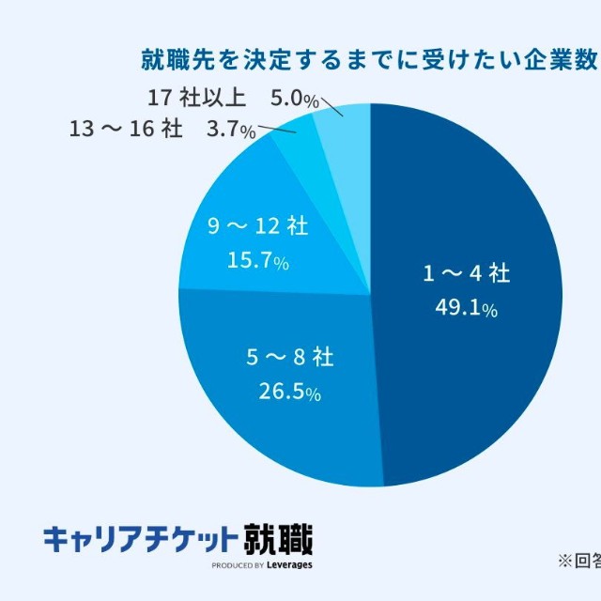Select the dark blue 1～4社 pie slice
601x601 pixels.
tap(470, 207)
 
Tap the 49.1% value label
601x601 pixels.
tap(466, 307)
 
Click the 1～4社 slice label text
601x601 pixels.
tap(466, 274)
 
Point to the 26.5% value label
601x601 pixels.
tap(289, 391)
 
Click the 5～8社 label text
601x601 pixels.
tap(289, 358)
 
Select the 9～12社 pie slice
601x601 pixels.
tap(282, 188)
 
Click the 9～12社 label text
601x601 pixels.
tap(256, 226)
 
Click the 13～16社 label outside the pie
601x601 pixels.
tap(126, 130)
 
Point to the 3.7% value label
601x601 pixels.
tap(230, 131)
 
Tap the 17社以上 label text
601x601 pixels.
tap(197, 98)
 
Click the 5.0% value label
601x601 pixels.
tap(293, 98)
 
